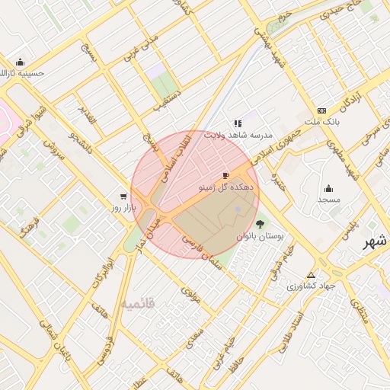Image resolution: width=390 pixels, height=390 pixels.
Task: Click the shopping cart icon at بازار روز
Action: (123, 195)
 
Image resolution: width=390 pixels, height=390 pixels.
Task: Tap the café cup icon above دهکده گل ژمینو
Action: (225, 174)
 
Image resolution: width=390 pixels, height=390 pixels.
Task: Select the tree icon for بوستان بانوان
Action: (261, 224)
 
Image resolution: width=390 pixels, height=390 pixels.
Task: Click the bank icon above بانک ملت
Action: (321, 110)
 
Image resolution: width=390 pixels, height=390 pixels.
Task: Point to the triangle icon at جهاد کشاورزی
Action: (310, 274)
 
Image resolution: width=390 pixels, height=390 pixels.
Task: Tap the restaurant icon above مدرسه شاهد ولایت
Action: (238, 123)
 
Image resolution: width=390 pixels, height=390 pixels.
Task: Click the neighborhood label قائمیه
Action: (137, 302)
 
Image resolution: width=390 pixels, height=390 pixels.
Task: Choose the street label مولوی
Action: (190, 295)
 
